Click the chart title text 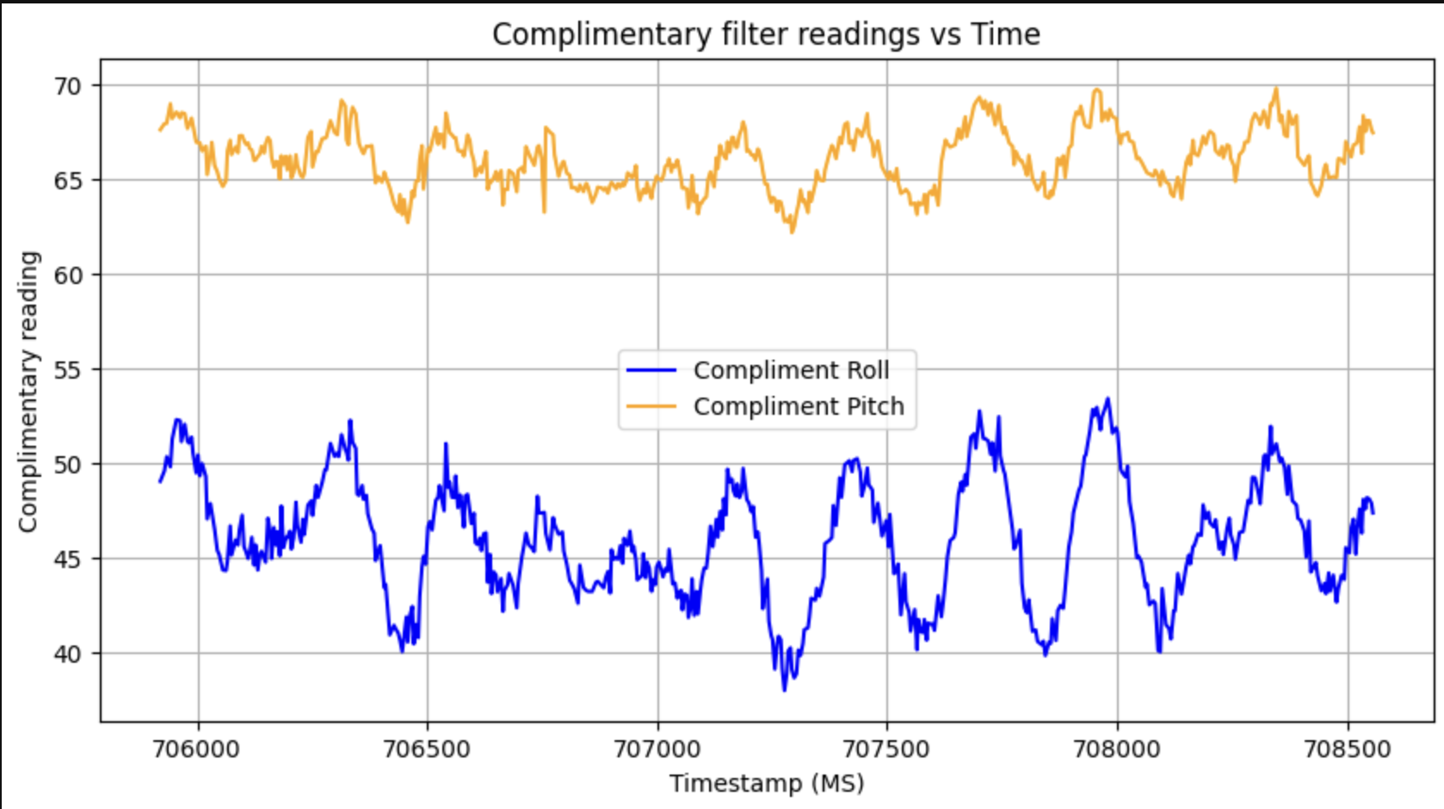(766, 34)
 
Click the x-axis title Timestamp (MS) (767, 783)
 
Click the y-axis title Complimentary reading (28, 392)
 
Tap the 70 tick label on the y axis (68, 86)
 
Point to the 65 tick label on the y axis (68, 181)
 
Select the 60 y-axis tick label (68, 275)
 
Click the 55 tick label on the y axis (68, 370)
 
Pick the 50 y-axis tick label (68, 465)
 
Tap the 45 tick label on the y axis (68, 559)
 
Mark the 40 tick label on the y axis (68, 654)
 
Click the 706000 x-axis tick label (196, 749)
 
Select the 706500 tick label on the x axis (427, 749)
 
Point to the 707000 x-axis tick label (657, 749)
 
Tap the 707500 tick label (886, 749)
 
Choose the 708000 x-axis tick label (1117, 749)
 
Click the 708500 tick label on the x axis (1348, 749)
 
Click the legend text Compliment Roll (791, 370)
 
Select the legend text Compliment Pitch (799, 406)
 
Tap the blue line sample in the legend (651, 370)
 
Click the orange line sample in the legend (651, 406)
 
